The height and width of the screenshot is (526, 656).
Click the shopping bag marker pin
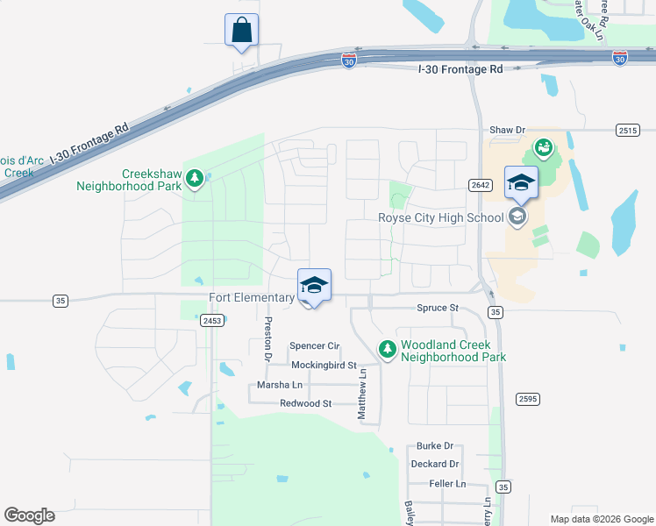coord(241,31)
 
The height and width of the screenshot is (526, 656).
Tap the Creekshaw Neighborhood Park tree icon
coord(194,181)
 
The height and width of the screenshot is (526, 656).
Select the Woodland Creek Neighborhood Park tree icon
coord(387,350)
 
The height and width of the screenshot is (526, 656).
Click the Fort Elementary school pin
coord(314,287)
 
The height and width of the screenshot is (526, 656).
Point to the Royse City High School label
coord(440,218)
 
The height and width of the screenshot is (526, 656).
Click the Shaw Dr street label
coord(507,130)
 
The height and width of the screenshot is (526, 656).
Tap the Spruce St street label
coord(437,309)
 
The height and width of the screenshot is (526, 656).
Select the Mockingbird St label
coord(324,365)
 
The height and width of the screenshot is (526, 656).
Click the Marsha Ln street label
coord(279,385)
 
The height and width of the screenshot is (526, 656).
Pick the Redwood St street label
coord(305,403)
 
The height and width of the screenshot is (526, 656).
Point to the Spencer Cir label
coord(313,346)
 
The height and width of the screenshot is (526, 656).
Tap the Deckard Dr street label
coord(435,464)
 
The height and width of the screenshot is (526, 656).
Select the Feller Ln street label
coord(447,483)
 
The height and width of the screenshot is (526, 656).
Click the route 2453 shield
coord(211,321)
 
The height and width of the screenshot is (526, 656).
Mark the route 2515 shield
coord(627,130)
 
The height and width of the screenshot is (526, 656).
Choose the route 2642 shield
coord(480,184)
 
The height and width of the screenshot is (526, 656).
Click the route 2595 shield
coord(527,399)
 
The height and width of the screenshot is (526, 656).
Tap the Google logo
coord(29,515)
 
